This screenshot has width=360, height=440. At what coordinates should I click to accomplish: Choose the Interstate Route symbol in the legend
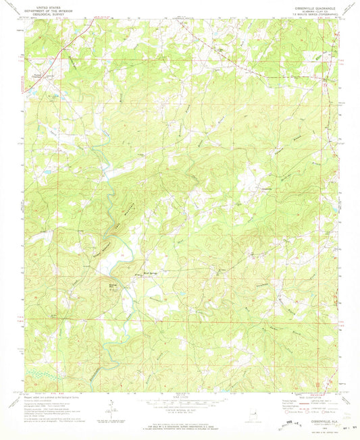coord(291,410)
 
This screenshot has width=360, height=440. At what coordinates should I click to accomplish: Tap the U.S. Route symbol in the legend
coord(307,410)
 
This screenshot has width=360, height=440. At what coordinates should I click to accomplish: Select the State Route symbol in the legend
coord(324,410)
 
